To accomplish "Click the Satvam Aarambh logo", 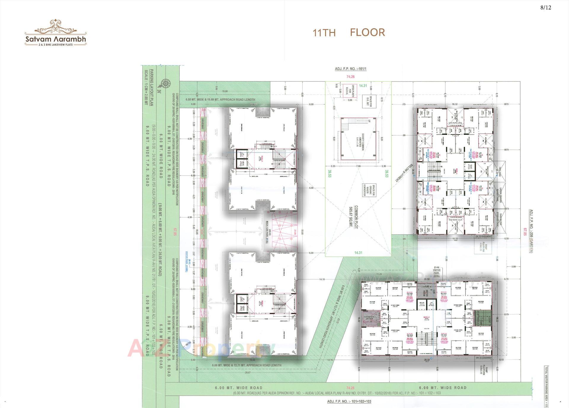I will [56, 33].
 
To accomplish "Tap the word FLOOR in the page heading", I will [367, 32].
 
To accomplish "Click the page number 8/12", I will [546, 8].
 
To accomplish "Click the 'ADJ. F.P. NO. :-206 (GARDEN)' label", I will [531, 231].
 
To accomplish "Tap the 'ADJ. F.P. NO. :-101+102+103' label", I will [349, 401].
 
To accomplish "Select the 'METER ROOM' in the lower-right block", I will [425, 292].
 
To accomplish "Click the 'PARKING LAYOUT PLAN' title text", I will [151, 88].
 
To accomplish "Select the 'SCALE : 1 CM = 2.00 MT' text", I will [146, 88].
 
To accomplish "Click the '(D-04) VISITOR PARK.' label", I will [437, 272].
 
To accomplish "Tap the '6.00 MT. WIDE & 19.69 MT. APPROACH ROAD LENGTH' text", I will [220, 100].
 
